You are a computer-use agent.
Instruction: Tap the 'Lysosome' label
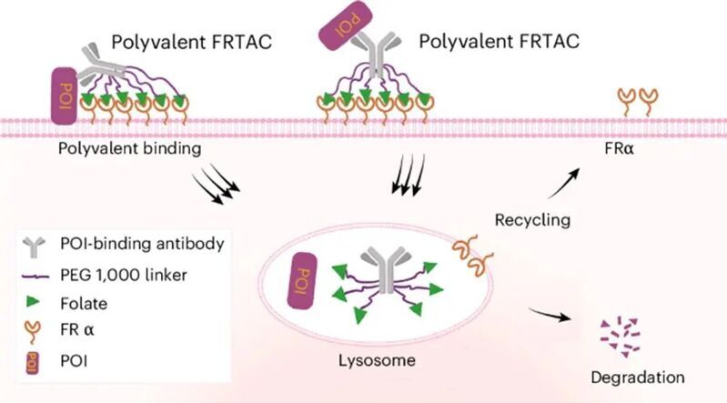tap(380, 360)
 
